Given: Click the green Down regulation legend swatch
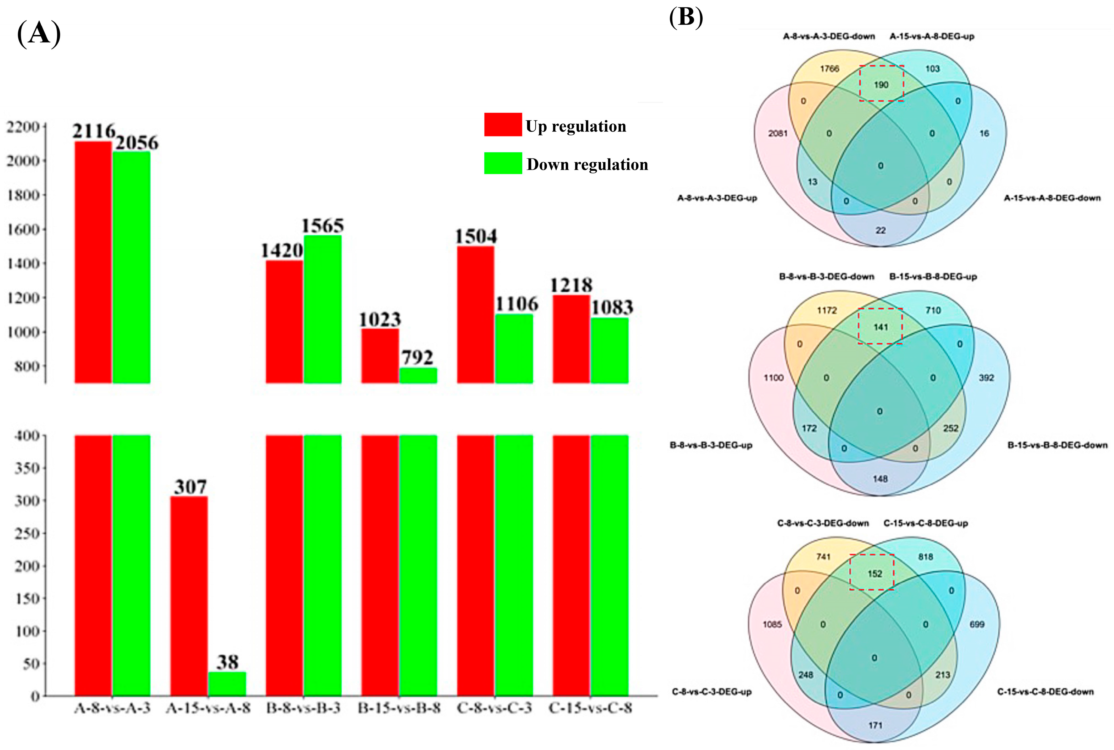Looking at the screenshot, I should pos(502,163).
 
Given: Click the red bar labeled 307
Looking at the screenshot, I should pos(189,595).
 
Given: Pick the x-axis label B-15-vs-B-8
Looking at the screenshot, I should pos(399,708).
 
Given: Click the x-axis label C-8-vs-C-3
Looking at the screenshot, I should pos(494,708).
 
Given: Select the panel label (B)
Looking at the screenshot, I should pos(686,18).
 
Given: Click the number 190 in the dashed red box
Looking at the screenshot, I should pos(881,85).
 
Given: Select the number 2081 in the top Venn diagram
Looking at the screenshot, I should pos(778,133).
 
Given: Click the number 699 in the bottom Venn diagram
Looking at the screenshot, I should pos(977,624).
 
